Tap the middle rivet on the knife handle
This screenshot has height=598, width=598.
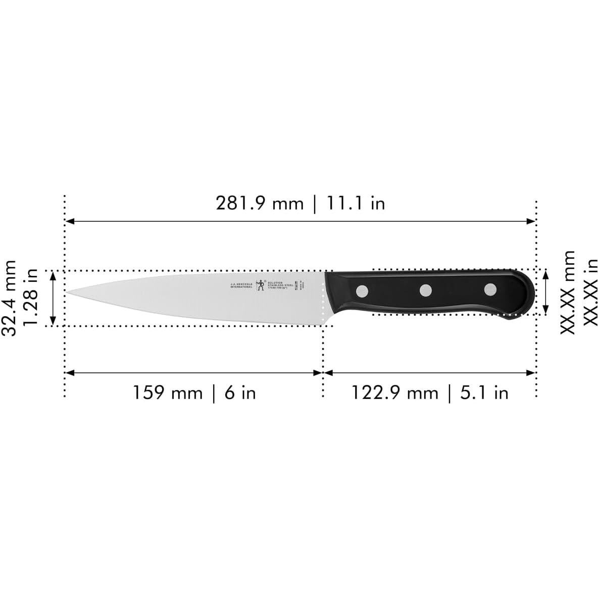click(x=426, y=290)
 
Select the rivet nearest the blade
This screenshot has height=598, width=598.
click(x=362, y=290)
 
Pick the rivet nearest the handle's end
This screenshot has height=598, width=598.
click(x=490, y=289)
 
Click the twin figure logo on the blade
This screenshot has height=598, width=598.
click(x=261, y=285)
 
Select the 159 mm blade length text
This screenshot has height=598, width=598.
click(x=167, y=392)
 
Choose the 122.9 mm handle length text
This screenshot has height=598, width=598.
click(x=394, y=392)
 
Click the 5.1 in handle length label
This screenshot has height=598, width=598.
click(x=484, y=392)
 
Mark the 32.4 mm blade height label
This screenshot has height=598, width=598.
click(x=10, y=298)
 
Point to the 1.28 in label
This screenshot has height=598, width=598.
click(x=31, y=298)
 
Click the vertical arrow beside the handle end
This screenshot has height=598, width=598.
click(x=546, y=292)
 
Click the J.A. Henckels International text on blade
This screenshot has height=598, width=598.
click(x=241, y=285)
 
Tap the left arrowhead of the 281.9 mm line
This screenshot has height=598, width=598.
click(x=70, y=221)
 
